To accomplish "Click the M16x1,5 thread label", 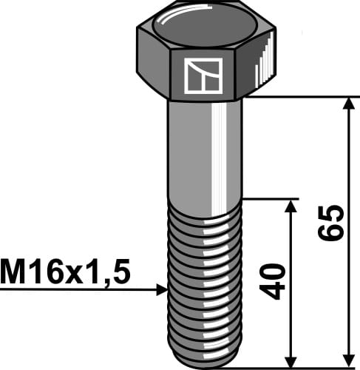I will click(x=65, y=273).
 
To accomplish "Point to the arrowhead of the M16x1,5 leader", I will click(x=162, y=290).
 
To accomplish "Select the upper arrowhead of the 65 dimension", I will click(x=347, y=104).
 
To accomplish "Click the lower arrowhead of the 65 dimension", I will click(x=347, y=357).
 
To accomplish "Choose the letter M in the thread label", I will click(x=15, y=273).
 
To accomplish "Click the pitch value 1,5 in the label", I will click(x=110, y=273).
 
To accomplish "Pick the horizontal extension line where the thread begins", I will click(x=270, y=198).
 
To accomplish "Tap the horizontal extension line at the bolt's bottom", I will click(x=296, y=365).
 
